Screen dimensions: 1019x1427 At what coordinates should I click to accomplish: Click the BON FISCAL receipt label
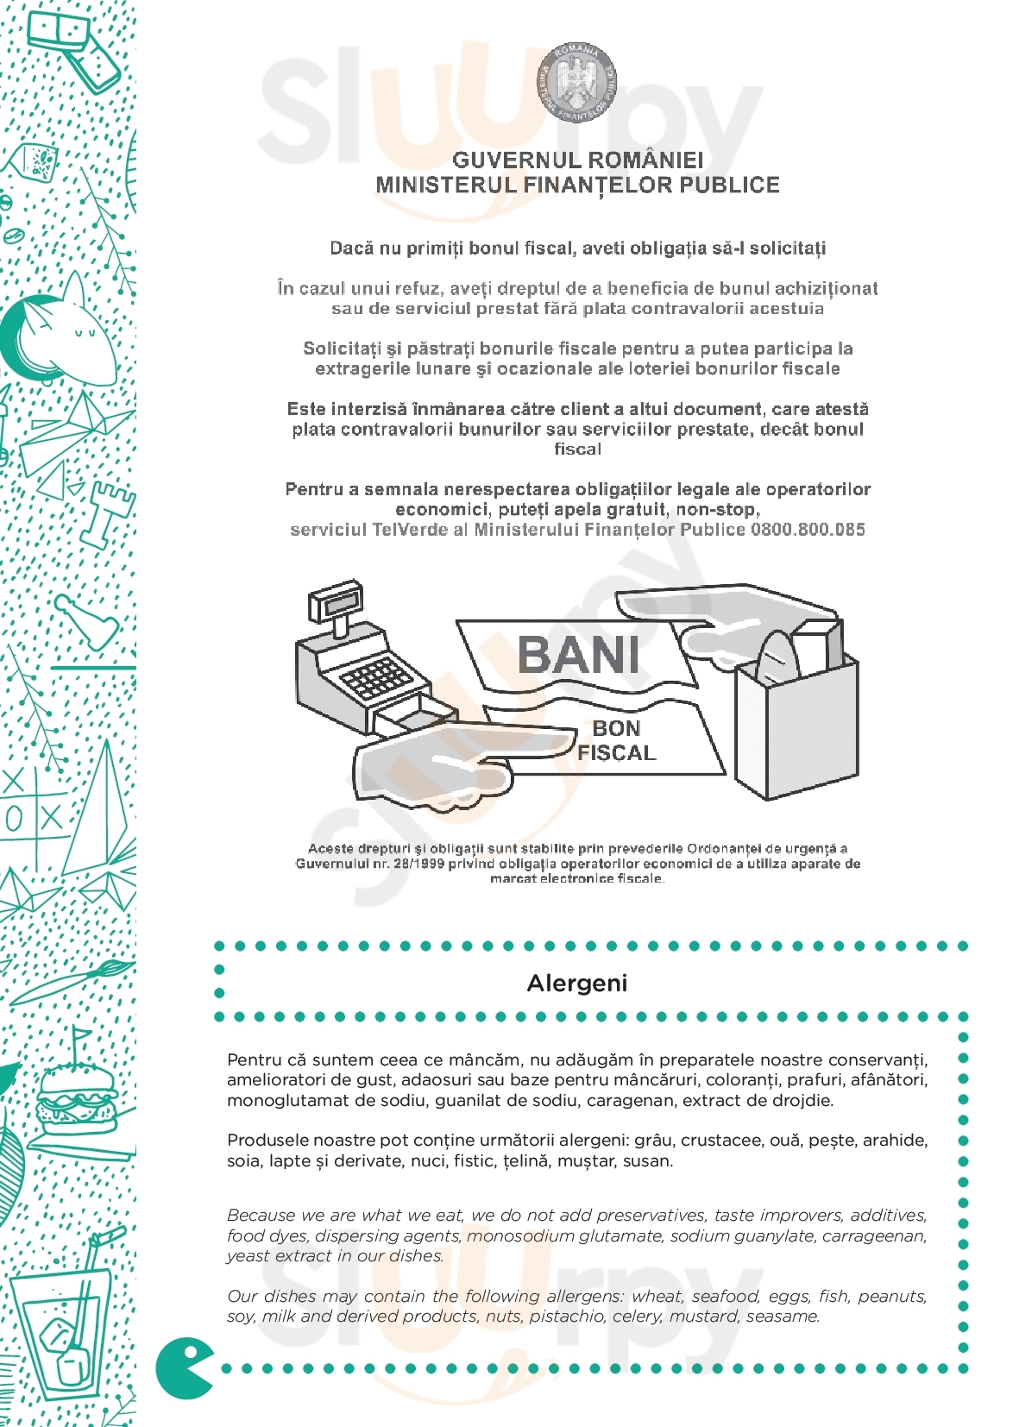click(x=616, y=740)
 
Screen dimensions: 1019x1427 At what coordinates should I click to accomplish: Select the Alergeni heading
click(x=576, y=983)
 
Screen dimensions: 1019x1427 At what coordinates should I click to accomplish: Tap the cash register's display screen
click(x=336, y=604)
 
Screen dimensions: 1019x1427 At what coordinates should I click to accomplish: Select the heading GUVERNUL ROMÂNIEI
click(x=577, y=160)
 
